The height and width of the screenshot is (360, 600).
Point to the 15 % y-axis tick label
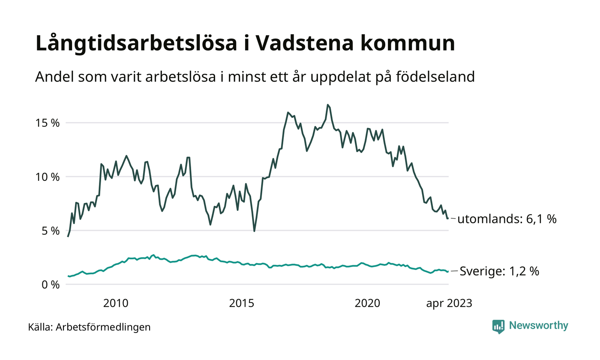[47, 123]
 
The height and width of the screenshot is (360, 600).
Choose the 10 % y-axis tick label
[47, 177]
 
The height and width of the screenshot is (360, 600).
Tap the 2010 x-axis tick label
[116, 303]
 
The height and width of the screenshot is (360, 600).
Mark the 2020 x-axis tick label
[368, 303]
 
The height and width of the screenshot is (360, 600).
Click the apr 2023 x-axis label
[449, 303]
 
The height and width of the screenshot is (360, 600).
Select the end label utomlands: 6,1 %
[507, 219]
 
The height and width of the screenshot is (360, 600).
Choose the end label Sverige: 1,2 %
[499, 271]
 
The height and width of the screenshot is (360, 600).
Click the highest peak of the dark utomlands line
[328, 105]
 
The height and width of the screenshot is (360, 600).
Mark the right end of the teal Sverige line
[448, 272]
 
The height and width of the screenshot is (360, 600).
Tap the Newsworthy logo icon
[498, 326]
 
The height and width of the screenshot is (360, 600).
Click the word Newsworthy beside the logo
[538, 326]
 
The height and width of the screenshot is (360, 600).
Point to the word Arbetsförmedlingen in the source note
[103, 327]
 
